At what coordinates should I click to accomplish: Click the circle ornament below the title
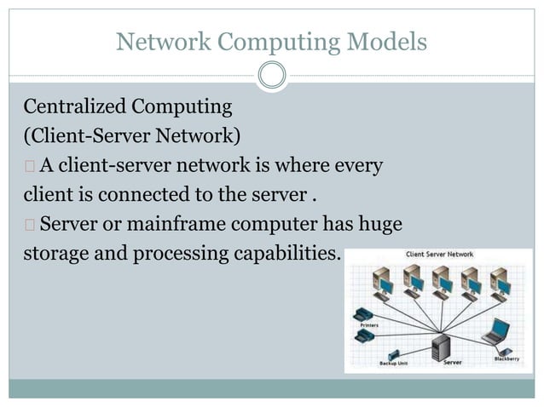click(x=271, y=76)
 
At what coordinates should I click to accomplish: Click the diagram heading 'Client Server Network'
click(x=438, y=255)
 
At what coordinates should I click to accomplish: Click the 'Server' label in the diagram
click(x=454, y=363)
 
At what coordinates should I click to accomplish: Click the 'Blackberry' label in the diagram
click(x=506, y=358)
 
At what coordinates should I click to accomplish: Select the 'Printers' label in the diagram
click(x=369, y=324)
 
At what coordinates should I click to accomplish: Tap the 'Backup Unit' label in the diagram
click(x=393, y=364)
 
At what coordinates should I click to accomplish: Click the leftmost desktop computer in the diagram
click(x=384, y=281)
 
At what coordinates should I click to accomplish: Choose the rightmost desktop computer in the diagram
click(x=499, y=281)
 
